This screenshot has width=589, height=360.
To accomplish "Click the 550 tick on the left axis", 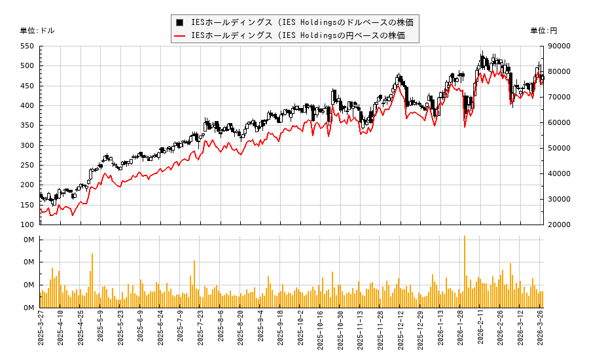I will pos(27,46).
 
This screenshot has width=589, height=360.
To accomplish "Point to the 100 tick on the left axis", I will pos(27,225).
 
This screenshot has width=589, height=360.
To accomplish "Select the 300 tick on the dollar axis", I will pos(27,145).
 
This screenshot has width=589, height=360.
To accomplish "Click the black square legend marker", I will pos(179,22).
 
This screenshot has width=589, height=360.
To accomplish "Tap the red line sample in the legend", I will pos(179,35).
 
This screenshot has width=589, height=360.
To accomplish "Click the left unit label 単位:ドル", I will pos(37,30).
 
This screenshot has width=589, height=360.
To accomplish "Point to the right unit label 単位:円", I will pos(543,30).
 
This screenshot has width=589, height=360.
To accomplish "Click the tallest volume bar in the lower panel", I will pos(464,271).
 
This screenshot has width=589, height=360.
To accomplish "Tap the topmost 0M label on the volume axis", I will pos(29,240).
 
